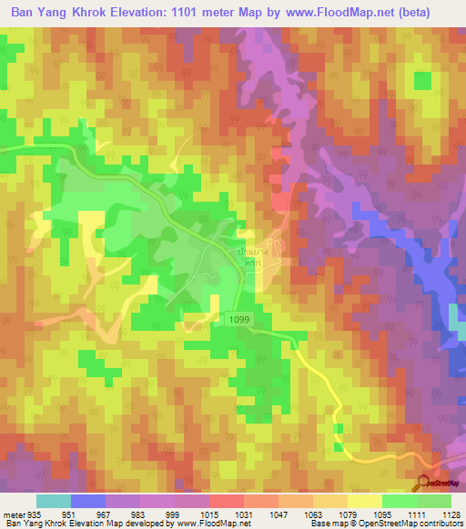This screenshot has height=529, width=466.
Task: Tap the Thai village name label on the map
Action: [x=247, y=251]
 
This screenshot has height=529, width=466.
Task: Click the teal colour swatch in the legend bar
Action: [x=54, y=502]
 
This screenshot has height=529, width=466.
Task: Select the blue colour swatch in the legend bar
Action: [x=88, y=502]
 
